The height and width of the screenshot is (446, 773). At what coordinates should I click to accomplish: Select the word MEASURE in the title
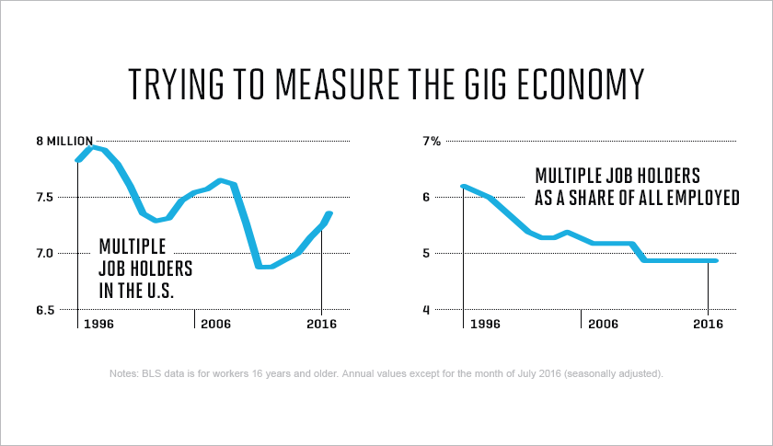point(328,84)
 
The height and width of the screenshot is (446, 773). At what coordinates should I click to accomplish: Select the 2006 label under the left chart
point(216,325)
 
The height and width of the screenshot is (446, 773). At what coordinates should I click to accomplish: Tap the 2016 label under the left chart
point(320,325)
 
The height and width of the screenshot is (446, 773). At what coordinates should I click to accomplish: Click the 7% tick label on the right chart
point(433,141)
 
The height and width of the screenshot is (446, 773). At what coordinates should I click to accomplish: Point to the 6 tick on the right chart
point(426,197)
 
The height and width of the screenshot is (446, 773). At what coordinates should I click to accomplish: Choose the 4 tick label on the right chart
point(426,310)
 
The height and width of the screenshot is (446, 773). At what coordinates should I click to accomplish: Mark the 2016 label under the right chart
point(707,325)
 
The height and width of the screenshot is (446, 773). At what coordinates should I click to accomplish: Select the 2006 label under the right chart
point(603,325)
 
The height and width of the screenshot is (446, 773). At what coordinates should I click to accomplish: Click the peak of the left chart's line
point(92,147)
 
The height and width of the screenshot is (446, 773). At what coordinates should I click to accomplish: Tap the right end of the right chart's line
point(715,261)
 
